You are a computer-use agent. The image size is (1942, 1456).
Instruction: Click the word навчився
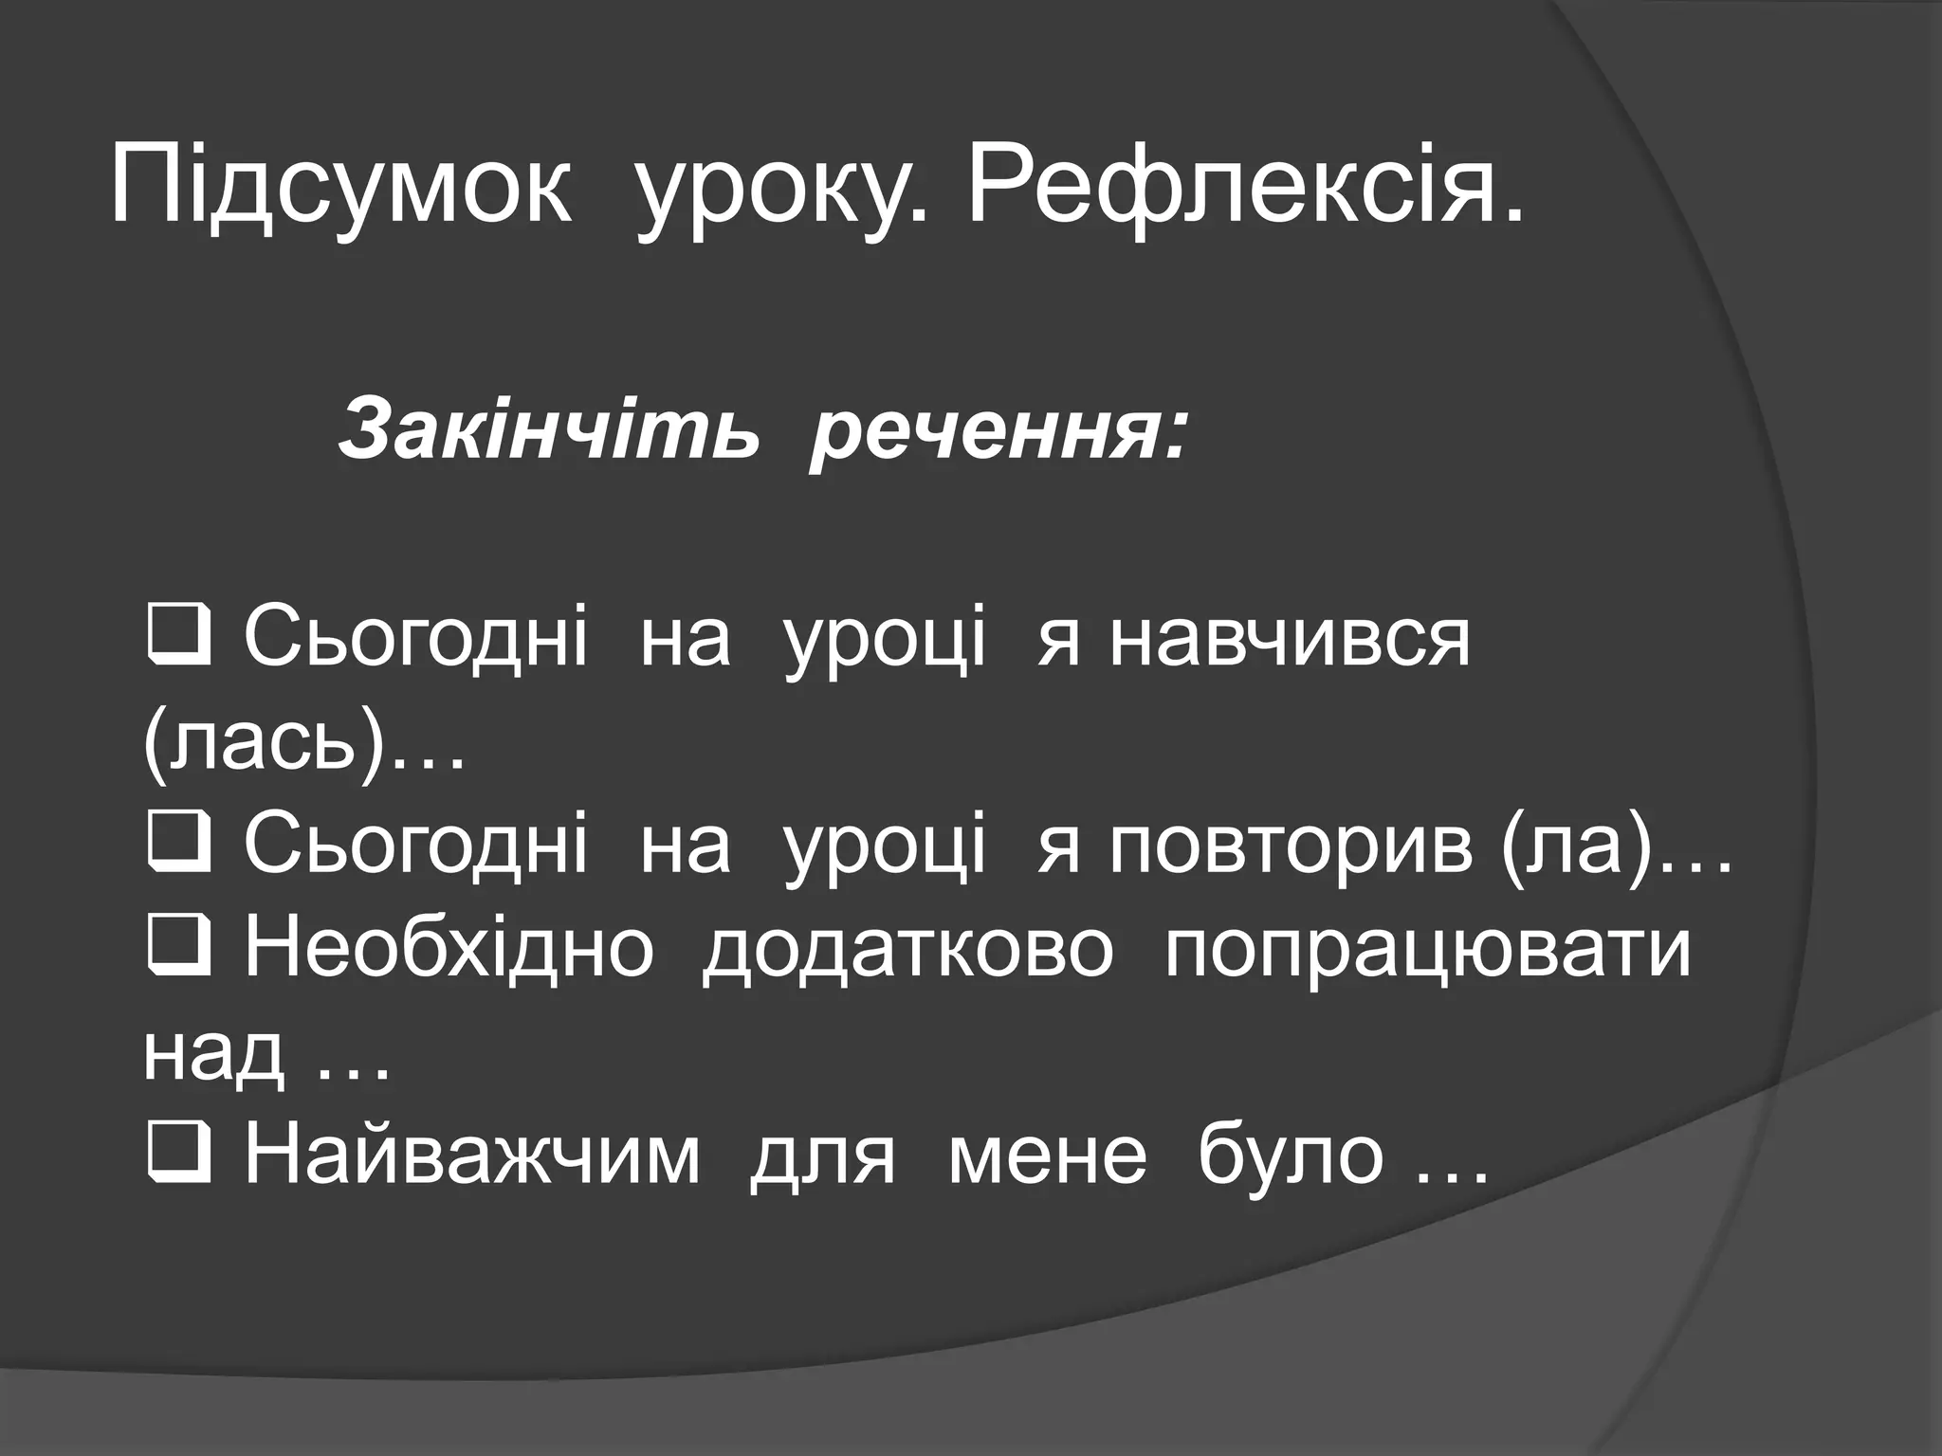pos(1290,639)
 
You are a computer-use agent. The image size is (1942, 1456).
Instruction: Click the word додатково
pos(907,949)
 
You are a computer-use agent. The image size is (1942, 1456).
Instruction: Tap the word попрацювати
pos(1428,949)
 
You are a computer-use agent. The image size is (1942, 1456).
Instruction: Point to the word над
pos(213,1052)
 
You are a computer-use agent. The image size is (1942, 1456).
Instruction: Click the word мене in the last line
pos(1047,1156)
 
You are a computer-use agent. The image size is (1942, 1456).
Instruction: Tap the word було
pos(1291,1156)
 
